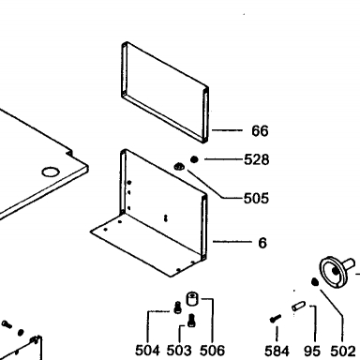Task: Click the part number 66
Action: tap(260, 130)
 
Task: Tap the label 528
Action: tap(256, 159)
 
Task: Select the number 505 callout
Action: tap(256, 199)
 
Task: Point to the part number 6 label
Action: tap(262, 243)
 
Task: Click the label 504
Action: tap(147, 351)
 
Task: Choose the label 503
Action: tap(179, 351)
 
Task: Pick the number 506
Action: tap(212, 351)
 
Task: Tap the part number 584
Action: tap(277, 352)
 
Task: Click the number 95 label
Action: tap(312, 352)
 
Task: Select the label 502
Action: tap(343, 352)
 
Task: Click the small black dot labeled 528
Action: tap(194, 159)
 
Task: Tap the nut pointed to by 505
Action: tap(179, 167)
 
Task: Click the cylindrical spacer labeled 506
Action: tap(192, 299)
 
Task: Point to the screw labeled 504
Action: tap(177, 307)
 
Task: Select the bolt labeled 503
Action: tap(191, 321)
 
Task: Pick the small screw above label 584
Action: tap(275, 319)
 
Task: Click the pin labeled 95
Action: tap(298, 306)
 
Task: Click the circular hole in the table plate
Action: tap(51, 172)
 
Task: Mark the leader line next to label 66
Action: tap(227, 130)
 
